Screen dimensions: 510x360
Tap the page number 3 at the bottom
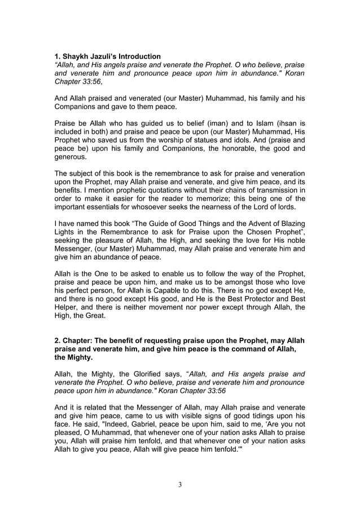click(179, 484)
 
